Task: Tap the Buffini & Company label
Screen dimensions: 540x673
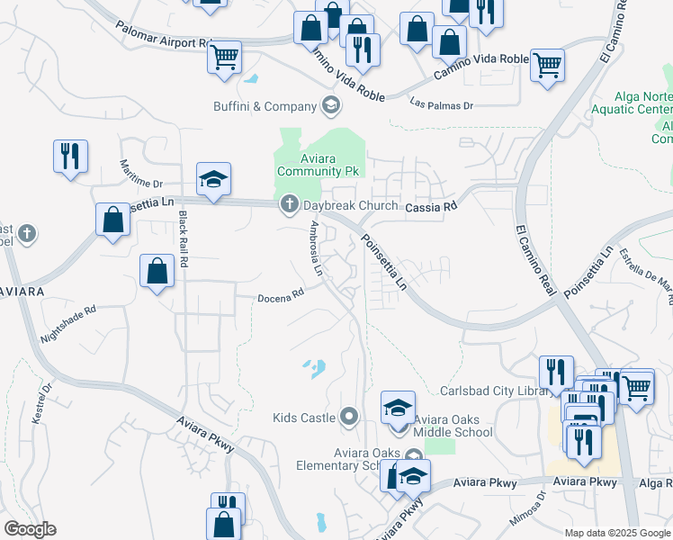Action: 265,107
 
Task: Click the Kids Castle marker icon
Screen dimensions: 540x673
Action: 350,417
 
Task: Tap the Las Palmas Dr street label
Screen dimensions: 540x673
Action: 441,104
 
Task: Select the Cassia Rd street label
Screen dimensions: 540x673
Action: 432,206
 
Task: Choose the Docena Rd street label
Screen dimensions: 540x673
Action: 281,294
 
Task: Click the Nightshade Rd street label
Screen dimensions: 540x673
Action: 68,325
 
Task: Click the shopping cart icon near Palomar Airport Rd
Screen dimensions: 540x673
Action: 224,57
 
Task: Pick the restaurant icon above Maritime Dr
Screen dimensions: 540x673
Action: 69,156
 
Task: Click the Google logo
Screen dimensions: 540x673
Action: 30,529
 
